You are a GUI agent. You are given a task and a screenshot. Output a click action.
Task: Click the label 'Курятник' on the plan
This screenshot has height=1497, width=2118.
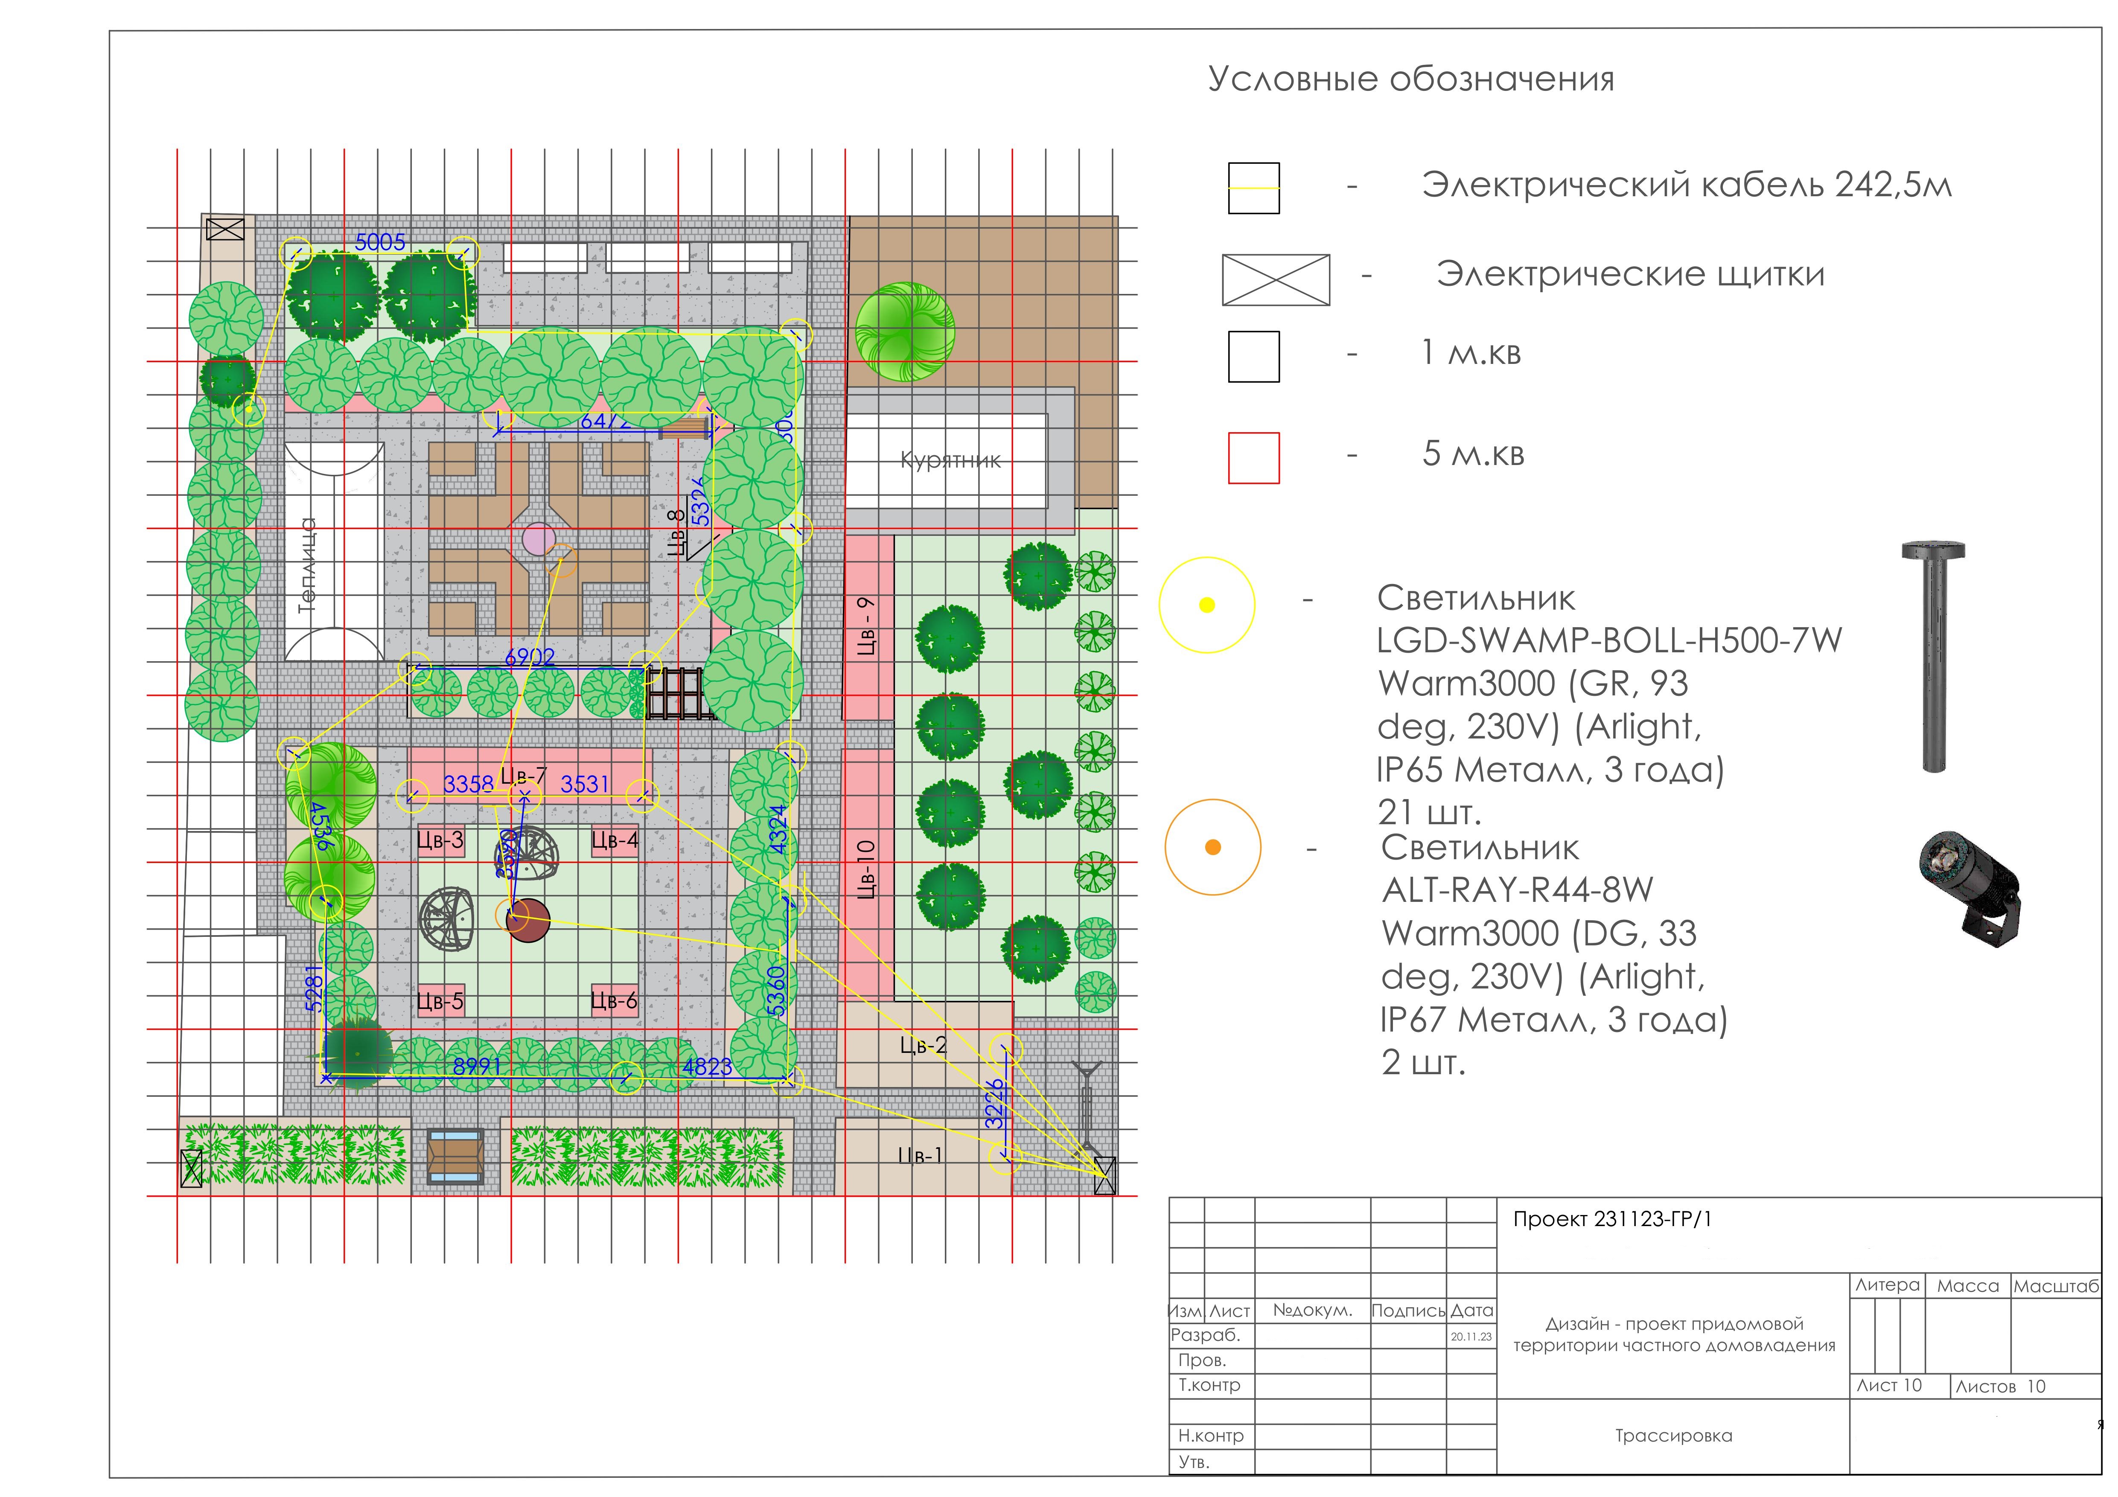[950, 460]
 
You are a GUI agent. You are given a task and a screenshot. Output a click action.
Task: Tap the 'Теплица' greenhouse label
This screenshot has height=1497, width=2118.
[307, 564]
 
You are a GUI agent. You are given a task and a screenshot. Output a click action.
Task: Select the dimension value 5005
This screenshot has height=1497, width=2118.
[380, 241]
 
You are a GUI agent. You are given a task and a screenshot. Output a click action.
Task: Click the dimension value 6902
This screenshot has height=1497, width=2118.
[530, 657]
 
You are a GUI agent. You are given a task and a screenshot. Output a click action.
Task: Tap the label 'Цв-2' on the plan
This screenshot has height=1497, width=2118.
[924, 1045]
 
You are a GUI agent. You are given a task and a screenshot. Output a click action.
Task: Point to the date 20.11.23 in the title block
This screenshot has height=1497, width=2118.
[1471, 1337]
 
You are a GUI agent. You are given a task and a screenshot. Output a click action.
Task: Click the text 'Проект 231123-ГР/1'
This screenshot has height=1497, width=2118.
[1611, 1219]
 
